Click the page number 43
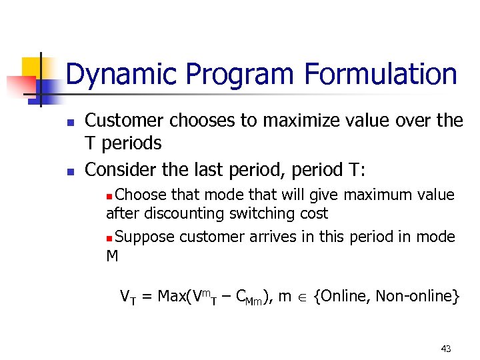(x=446, y=348)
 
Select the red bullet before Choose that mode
(x=110, y=196)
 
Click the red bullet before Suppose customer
(x=110, y=238)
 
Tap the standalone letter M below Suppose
(x=112, y=256)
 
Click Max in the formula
(x=172, y=296)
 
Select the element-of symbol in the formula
(x=303, y=297)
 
